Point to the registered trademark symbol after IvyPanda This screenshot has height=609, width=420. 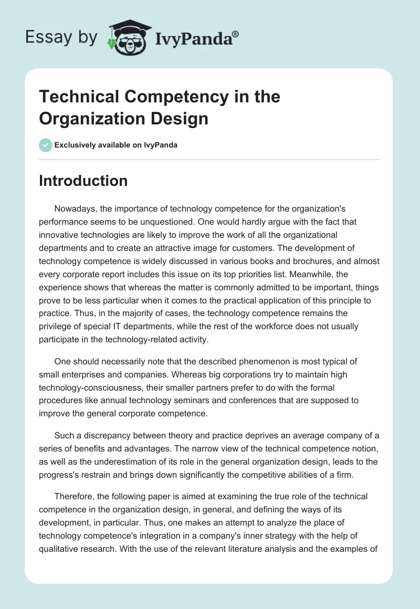tap(236, 34)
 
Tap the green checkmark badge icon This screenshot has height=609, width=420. tap(46, 145)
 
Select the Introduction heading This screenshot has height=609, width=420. tap(83, 181)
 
